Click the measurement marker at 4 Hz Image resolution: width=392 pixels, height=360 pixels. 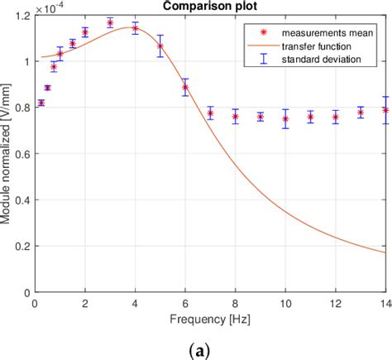click(135, 28)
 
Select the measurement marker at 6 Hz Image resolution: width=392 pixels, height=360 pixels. click(185, 87)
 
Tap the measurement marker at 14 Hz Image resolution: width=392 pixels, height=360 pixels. click(385, 110)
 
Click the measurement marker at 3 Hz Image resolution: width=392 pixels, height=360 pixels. click(110, 23)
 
